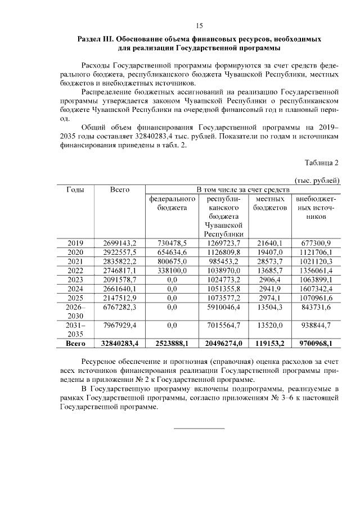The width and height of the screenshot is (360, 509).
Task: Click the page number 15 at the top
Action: tap(199, 25)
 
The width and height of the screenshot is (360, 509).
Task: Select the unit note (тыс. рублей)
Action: tap(318, 180)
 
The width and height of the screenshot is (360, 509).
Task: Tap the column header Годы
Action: tap(75, 190)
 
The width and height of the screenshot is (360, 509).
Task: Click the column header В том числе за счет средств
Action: tap(242, 190)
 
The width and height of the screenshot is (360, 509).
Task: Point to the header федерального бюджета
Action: tap(172, 204)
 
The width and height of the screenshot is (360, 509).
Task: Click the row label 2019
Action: tap(75, 243)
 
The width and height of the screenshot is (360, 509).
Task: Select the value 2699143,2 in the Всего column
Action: tap(120, 243)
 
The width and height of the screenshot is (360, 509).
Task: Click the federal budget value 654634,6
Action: tap(172, 252)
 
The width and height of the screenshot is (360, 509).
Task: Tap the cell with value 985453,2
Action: tap(224, 262)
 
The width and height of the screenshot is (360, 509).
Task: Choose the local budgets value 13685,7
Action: tap(270, 271)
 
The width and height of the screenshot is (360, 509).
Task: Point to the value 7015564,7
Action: tap(224, 326)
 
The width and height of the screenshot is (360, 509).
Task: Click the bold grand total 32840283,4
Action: tap(120, 343)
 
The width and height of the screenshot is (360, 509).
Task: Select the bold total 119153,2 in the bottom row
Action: tap(270, 343)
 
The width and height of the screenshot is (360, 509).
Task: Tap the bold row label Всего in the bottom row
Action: tap(75, 343)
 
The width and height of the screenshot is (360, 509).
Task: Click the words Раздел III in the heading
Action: tap(96, 40)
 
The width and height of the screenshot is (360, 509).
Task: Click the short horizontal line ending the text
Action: tap(199, 429)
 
